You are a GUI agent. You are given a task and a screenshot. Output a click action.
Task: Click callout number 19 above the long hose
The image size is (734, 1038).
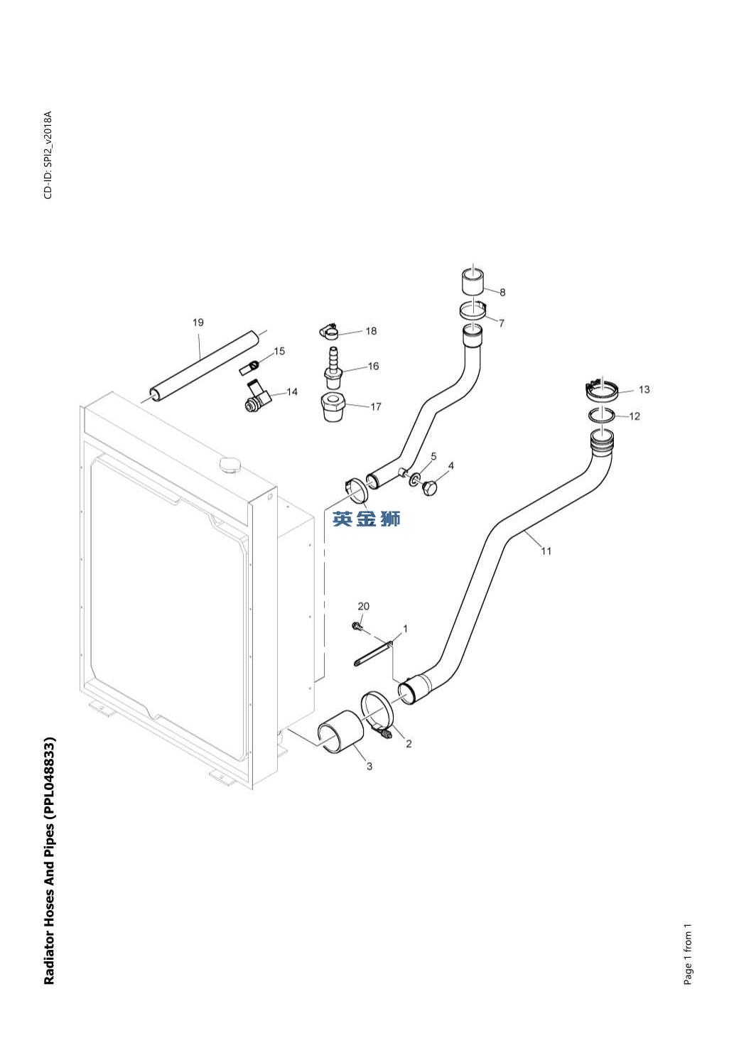click(198, 322)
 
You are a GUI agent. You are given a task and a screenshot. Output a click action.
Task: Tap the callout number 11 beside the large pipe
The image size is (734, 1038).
click(546, 551)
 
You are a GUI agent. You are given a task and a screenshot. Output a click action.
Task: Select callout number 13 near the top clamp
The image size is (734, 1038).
click(644, 389)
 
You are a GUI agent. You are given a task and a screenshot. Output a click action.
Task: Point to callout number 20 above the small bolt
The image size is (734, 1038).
click(364, 606)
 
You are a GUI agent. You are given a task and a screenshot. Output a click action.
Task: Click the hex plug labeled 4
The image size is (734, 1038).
click(431, 487)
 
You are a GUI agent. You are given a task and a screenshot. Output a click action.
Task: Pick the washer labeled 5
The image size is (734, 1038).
click(414, 480)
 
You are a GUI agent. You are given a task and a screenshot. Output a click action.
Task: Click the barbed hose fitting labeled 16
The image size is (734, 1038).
click(333, 367)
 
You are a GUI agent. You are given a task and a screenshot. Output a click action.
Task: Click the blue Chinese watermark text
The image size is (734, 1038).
click(366, 519)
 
